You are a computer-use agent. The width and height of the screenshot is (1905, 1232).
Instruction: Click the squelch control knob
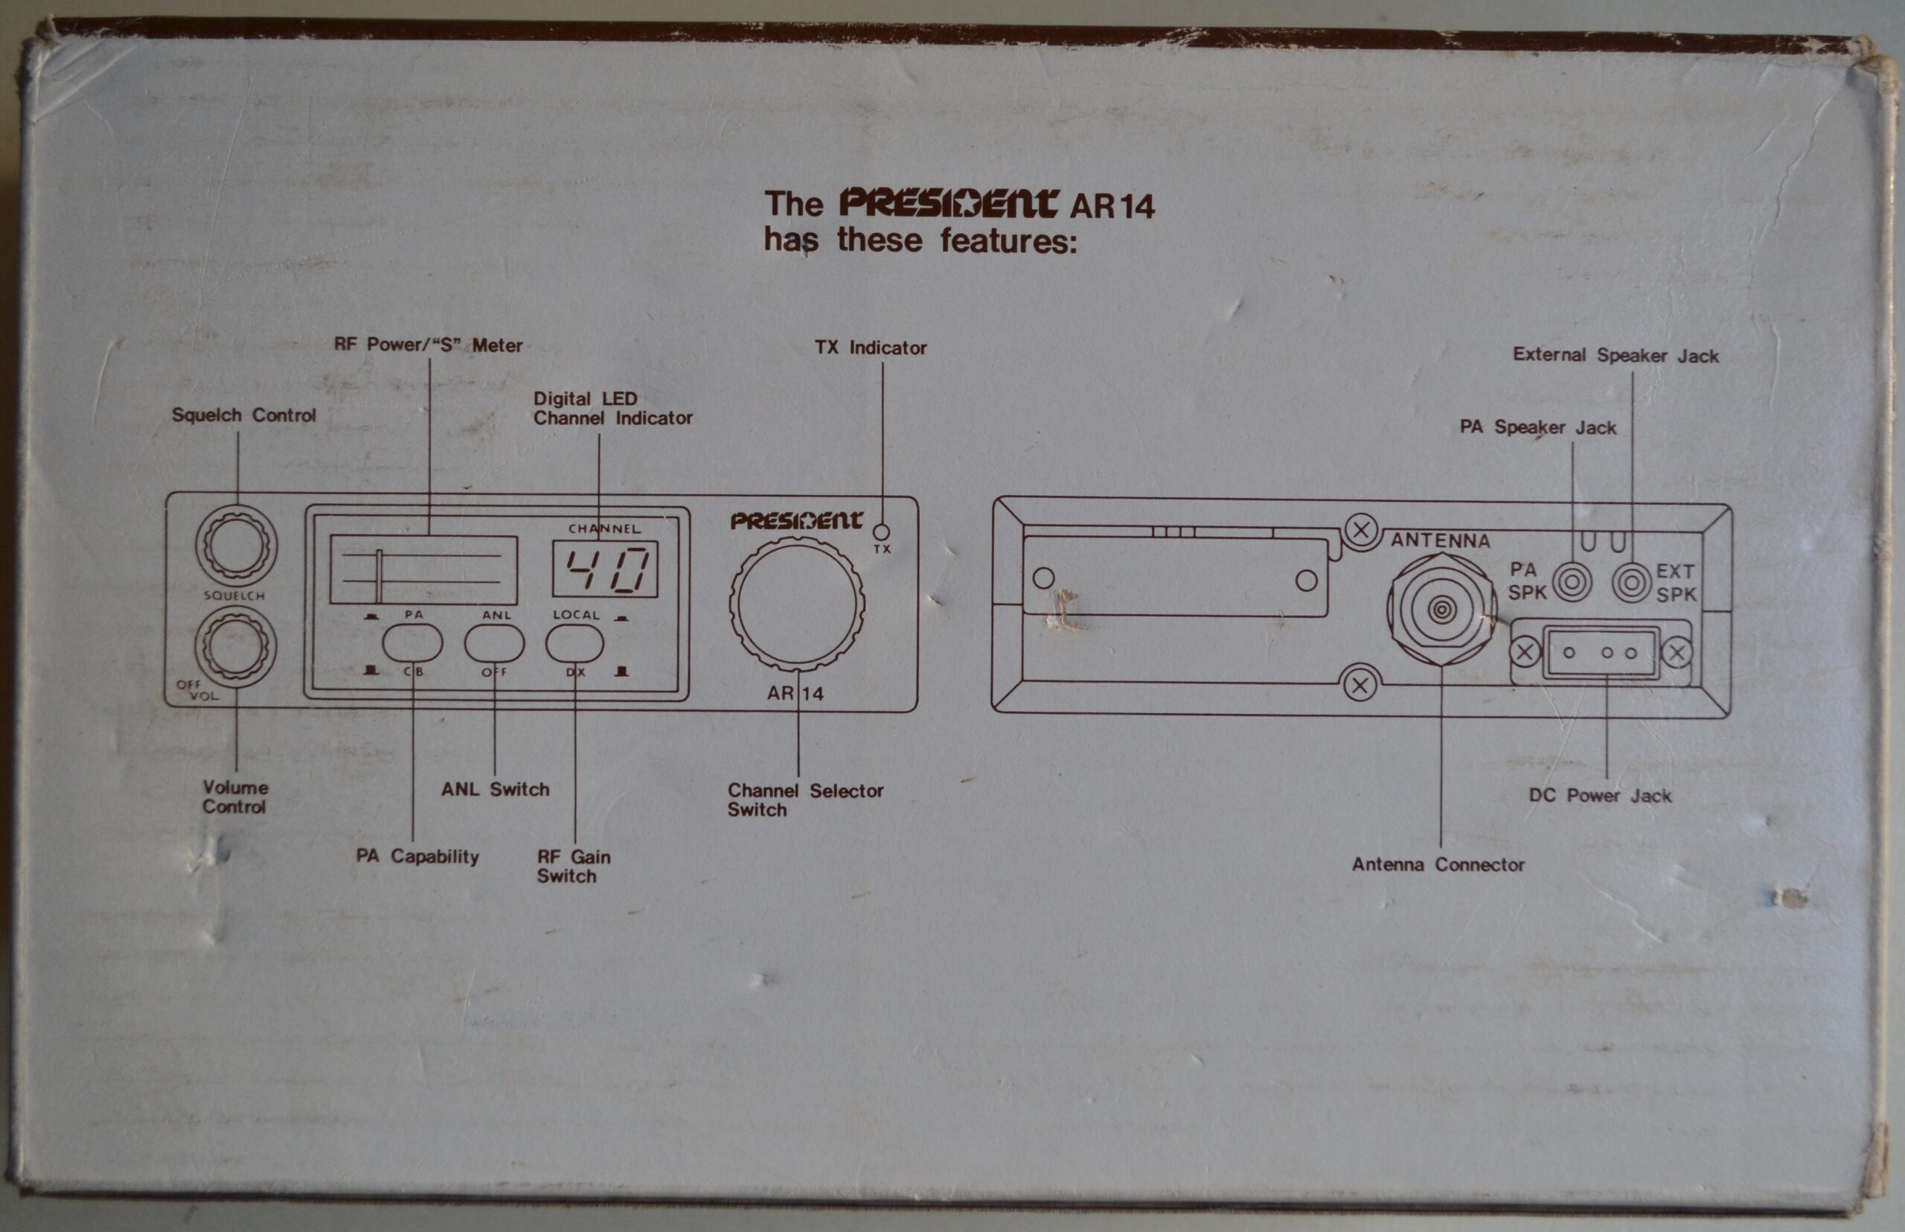[x=236, y=546]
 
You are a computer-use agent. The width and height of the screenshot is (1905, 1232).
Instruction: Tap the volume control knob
[x=235, y=647]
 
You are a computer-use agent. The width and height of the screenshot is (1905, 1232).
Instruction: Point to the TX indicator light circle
[x=881, y=532]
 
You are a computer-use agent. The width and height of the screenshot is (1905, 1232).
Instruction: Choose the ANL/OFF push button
[x=494, y=643]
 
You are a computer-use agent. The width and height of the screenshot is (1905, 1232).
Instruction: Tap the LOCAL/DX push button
[x=574, y=643]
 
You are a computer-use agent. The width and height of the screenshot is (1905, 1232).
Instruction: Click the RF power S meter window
[x=423, y=569]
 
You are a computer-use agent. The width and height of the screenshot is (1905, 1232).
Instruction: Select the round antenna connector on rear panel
[x=1441, y=610]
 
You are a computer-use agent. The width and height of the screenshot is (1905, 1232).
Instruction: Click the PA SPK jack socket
[x=1572, y=582]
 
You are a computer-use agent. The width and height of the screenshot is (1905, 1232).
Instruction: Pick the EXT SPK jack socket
[x=1631, y=582]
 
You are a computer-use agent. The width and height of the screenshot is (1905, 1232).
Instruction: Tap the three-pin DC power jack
[x=1599, y=652]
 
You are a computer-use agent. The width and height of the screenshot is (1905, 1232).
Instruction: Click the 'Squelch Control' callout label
[x=244, y=415]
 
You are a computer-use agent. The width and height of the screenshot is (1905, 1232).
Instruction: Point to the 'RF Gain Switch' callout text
[x=574, y=866]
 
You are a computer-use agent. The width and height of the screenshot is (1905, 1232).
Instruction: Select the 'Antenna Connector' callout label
[x=1438, y=865]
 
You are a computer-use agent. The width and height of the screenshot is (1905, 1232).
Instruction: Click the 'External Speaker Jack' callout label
[x=1616, y=355]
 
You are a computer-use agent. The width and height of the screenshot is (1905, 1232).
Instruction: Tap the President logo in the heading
[x=950, y=203]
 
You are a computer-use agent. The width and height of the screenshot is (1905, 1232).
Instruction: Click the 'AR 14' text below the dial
[x=795, y=694]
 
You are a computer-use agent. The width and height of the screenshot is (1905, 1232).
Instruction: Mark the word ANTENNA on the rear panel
[x=1441, y=540]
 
